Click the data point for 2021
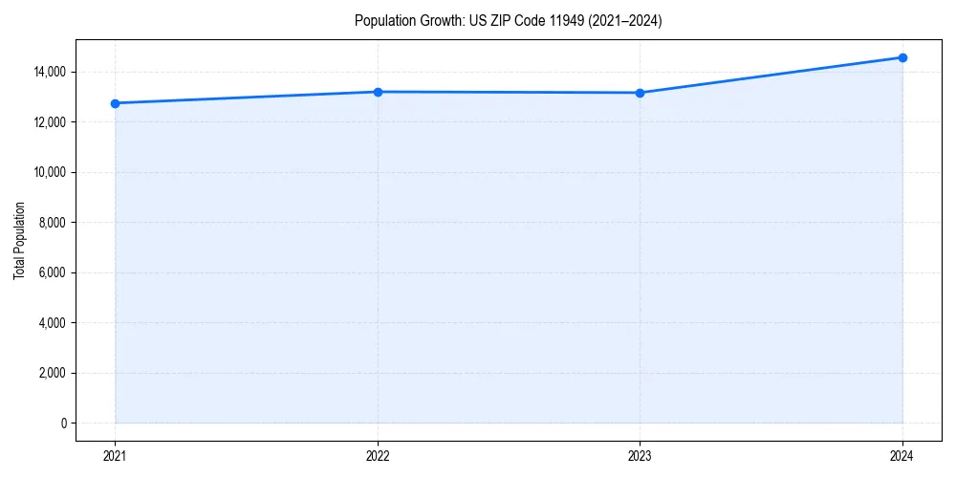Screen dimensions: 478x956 coord(115,103)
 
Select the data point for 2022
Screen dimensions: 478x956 coord(378,92)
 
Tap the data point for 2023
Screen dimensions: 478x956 coord(640,93)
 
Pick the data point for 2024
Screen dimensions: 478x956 coord(902,57)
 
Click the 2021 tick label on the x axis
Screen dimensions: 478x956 coord(115,455)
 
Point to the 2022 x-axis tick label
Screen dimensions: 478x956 coord(378,455)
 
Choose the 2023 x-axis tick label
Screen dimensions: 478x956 coord(640,455)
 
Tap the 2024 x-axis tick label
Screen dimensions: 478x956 coord(902,455)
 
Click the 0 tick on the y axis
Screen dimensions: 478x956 coord(63,424)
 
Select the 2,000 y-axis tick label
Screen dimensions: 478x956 coord(54,373)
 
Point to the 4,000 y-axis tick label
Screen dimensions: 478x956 coord(54,323)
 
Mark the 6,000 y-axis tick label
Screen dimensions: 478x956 coord(54,272)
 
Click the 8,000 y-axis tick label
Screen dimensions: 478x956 coord(54,223)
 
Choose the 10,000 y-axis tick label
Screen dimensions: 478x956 coord(51,172)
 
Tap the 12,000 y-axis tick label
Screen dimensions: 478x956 coord(51,122)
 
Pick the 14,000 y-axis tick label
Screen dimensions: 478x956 coord(51,72)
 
